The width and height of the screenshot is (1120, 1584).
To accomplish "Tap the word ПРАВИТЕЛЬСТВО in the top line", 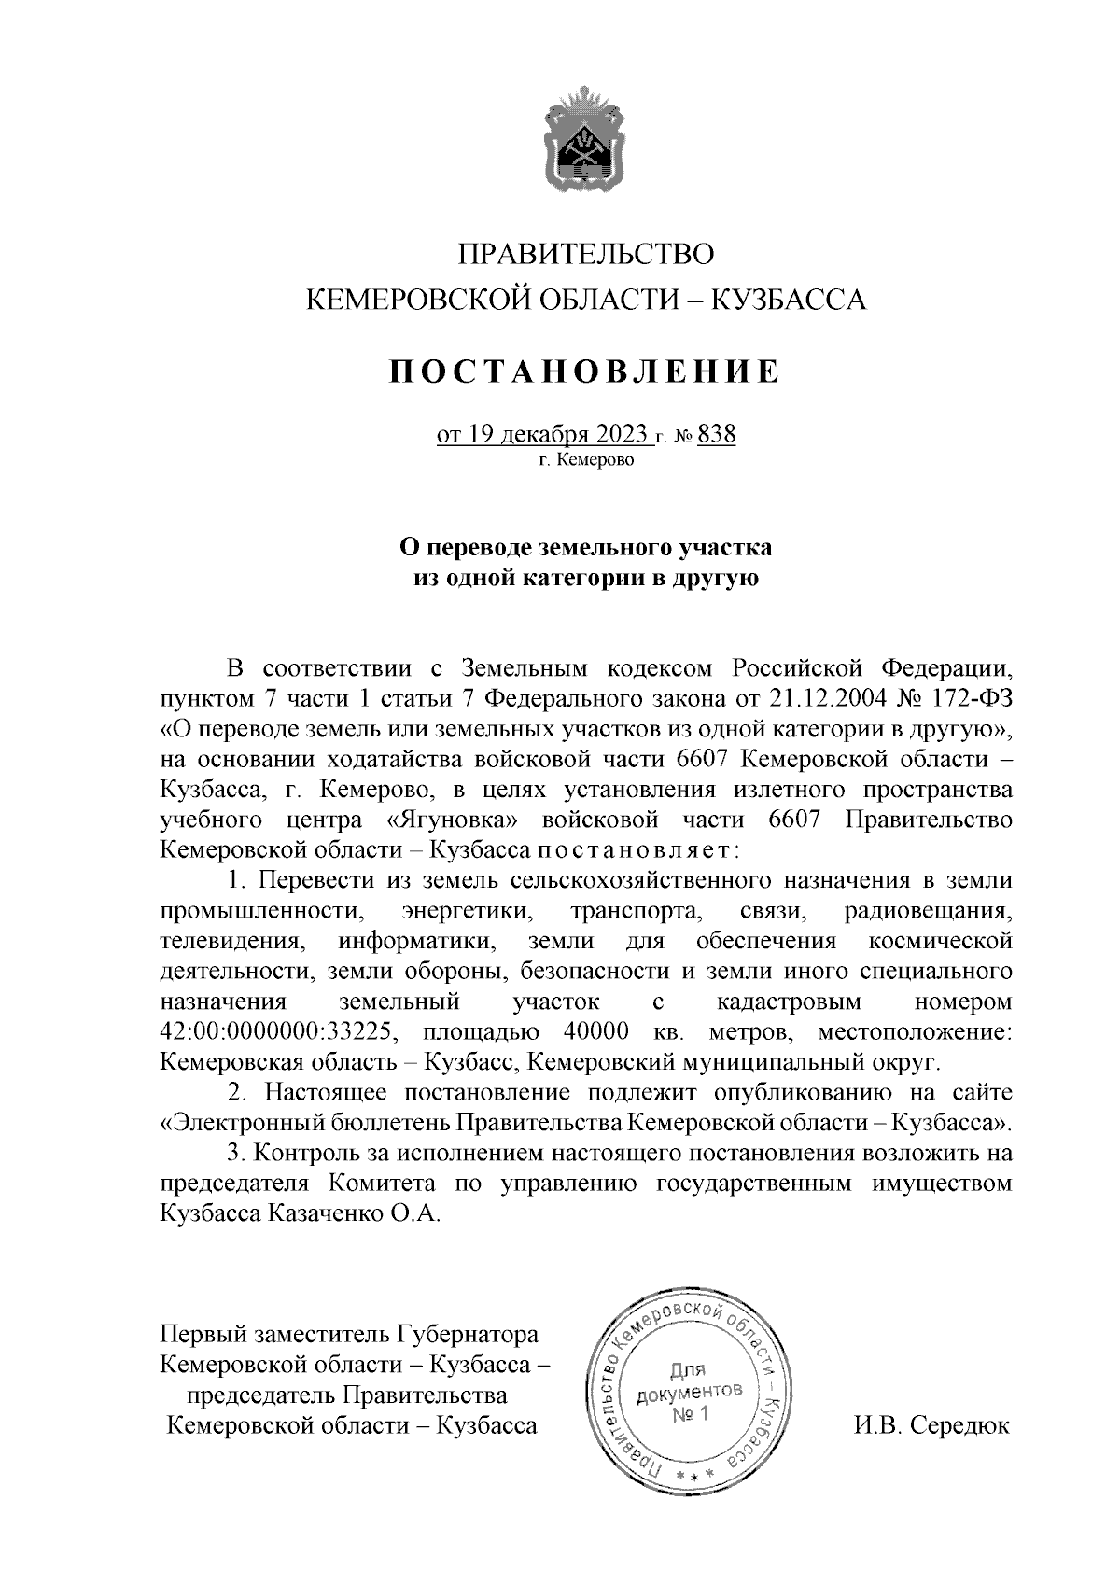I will [585, 254].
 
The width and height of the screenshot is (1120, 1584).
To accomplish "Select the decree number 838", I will [717, 435].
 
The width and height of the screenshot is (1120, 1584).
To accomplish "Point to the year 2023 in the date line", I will [617, 436].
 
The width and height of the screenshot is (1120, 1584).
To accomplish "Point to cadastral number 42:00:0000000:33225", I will [280, 1032].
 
